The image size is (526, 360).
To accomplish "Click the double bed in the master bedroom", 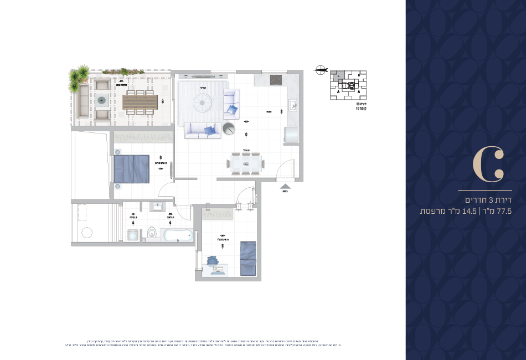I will coord(131,169).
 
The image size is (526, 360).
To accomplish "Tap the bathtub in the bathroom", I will coord(177,235).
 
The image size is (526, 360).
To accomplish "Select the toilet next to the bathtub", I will coord(152,233).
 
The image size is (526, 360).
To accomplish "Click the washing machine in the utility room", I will coord(133,235).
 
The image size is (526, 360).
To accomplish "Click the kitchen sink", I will coord(293,104).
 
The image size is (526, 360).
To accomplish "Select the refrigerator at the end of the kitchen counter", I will coord(291,135).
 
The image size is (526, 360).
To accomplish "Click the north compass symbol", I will coord(319,69).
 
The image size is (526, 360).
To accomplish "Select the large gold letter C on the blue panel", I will coord(488,164).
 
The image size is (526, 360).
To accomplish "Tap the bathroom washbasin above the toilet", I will coord(156,207).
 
